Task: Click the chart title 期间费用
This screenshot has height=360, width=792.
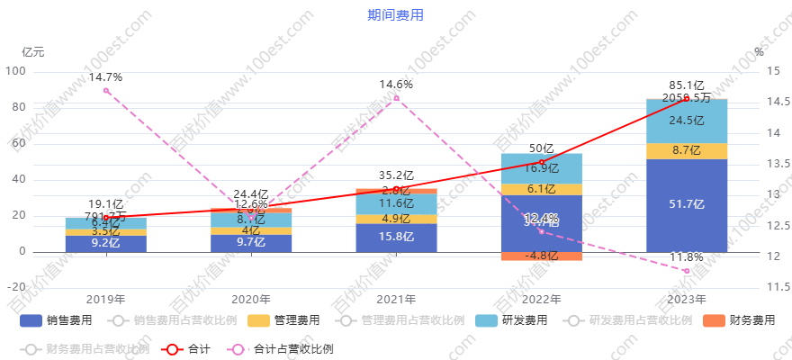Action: [x=395, y=15]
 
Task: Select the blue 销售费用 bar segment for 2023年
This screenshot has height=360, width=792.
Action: [x=687, y=205]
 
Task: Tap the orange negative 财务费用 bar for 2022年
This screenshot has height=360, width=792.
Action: [x=541, y=256]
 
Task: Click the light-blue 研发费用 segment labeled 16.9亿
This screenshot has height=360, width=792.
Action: [x=541, y=168]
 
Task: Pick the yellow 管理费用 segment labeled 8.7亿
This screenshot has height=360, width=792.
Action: [x=687, y=151]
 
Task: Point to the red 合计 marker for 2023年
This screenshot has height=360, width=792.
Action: [x=687, y=98]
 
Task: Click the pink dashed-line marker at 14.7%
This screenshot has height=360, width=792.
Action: [x=106, y=90]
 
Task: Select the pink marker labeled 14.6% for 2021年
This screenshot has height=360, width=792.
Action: [x=396, y=97]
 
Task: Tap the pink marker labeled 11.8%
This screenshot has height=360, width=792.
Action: [x=687, y=270]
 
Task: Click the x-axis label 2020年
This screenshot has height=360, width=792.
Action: [x=251, y=299]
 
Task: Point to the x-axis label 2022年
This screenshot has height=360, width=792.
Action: [x=541, y=299]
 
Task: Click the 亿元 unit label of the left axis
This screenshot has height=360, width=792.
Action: [x=32, y=51]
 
